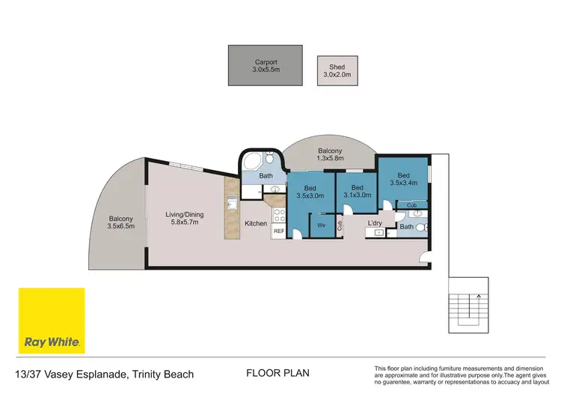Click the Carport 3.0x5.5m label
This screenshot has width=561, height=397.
[x=266, y=66]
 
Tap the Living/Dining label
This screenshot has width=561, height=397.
[x=184, y=219]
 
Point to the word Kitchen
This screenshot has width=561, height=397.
[x=256, y=223]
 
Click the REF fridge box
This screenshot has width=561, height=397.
[x=278, y=232]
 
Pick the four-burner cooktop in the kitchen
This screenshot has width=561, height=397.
[x=278, y=215]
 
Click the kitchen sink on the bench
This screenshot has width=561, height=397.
[x=232, y=203]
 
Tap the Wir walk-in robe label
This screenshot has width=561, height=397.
[x=321, y=223]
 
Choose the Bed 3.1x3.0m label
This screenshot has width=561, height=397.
[x=358, y=191]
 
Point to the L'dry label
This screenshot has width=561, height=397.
[x=375, y=223]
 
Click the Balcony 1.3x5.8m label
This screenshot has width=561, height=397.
[x=329, y=155]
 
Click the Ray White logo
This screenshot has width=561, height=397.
[x=51, y=320]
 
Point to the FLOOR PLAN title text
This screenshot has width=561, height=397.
[x=277, y=372]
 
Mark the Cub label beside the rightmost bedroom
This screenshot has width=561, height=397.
[x=411, y=204]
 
